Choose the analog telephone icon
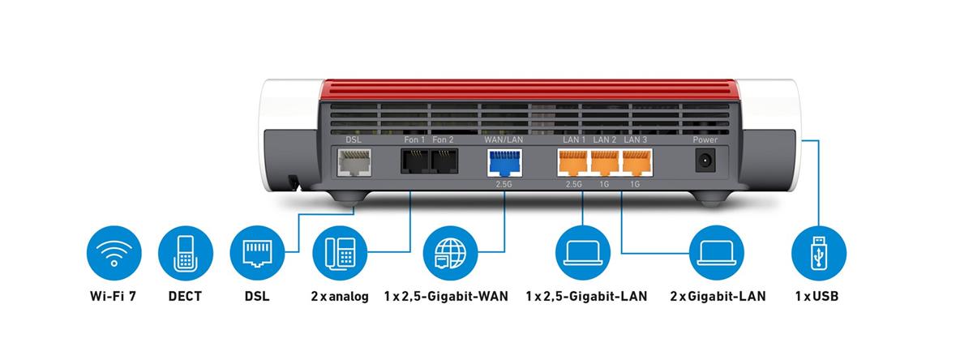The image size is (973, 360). [340, 252]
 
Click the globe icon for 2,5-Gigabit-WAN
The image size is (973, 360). [450, 252]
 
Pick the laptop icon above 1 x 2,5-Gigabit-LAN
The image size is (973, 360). [583, 252]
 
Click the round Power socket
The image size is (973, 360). [705, 161]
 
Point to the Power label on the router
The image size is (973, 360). [705, 139]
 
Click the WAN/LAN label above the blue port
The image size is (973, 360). [503, 139]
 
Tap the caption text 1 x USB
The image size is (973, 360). [817, 297]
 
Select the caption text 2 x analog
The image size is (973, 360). [339, 297]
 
